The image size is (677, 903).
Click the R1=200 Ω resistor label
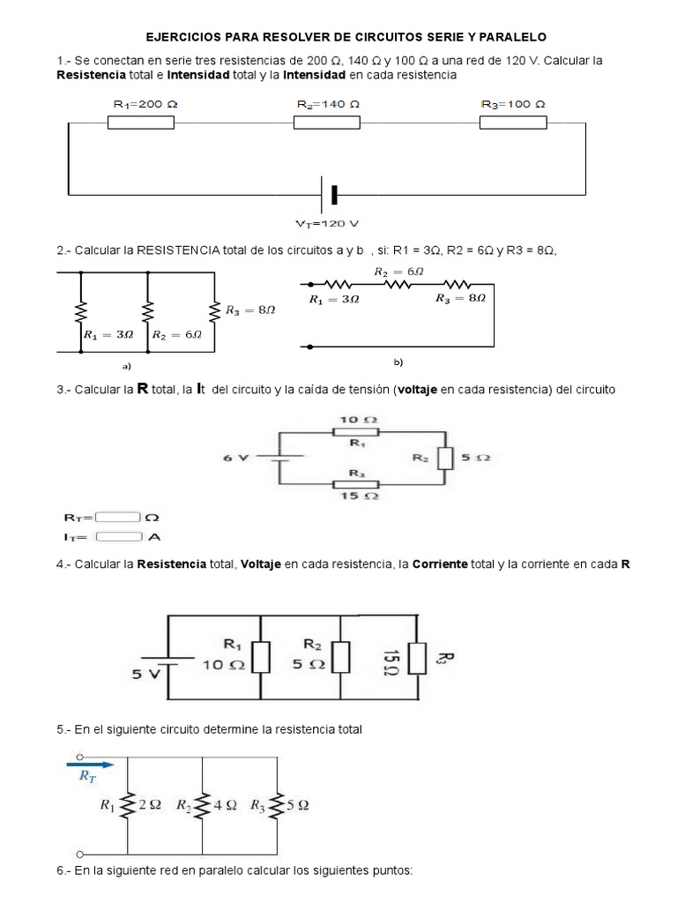click(x=145, y=104)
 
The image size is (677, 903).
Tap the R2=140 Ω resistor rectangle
click(x=326, y=123)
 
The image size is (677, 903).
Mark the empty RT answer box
click(x=119, y=518)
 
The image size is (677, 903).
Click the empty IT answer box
click(x=119, y=535)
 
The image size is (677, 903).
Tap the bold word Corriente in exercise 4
click(x=439, y=563)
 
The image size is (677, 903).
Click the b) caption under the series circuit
click(x=398, y=362)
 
